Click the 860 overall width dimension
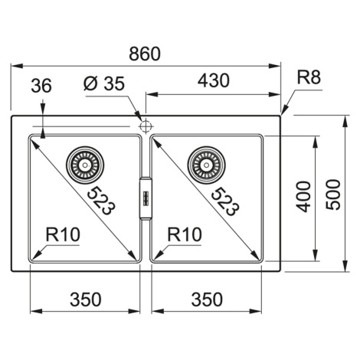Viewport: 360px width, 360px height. pos(145,54)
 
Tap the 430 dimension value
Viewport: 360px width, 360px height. pos(214,80)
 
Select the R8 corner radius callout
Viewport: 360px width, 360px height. pos(309,77)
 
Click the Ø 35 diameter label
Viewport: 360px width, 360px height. pos(104,83)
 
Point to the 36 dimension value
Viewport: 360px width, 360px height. pos(41,85)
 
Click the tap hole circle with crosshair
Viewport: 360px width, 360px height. pos(146,126)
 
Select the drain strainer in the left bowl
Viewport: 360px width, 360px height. pos(85,165)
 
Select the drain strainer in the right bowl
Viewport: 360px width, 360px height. pos(206,165)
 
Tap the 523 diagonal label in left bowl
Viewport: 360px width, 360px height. pos(101,201)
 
